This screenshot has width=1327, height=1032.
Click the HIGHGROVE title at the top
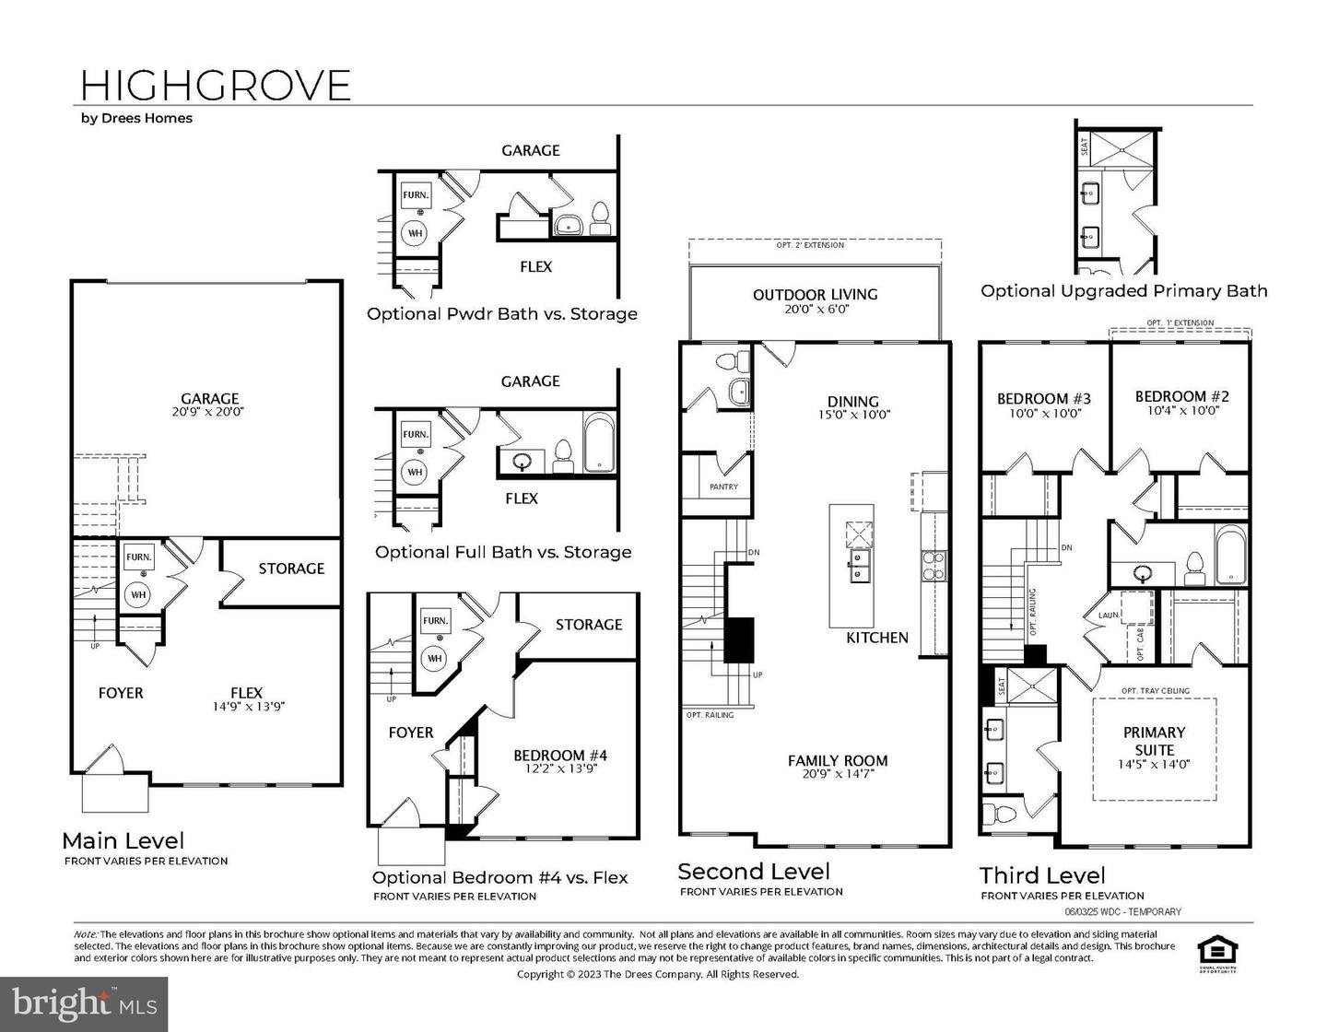tap(216, 85)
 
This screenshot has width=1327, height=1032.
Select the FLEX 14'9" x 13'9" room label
tap(246, 698)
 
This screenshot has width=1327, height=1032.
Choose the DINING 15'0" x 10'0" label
tap(852, 406)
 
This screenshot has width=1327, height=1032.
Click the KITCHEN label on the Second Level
tap(877, 638)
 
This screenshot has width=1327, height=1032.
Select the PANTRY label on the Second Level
tap(723, 487)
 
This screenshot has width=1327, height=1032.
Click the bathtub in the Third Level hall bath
tap(1230, 555)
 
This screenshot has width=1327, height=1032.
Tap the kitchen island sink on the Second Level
tap(860, 567)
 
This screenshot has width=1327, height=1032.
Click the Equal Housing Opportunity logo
tap(1215, 949)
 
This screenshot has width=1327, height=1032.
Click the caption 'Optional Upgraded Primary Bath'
tap(1123, 291)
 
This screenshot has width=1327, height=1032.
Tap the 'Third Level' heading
tap(1041, 875)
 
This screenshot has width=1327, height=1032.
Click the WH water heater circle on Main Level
tap(138, 594)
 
